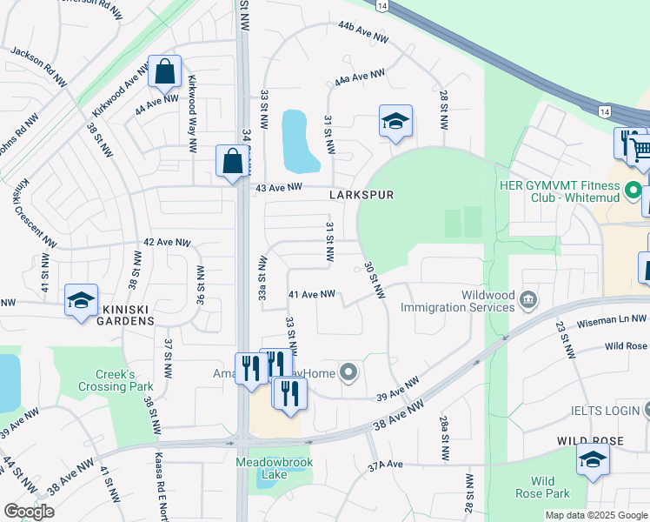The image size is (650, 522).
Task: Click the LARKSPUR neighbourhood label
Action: pyautogui.click(x=361, y=195)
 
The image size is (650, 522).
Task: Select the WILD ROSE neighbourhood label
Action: pyautogui.click(x=590, y=441)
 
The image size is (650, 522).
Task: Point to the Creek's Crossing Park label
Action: pyautogui.click(x=115, y=379)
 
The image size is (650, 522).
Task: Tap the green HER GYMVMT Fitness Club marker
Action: pyautogui.click(x=633, y=189)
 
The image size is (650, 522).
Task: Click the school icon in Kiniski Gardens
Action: pyautogui.click(x=81, y=302)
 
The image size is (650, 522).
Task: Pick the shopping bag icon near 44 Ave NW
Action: pyautogui.click(x=164, y=71)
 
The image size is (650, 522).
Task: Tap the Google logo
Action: pyautogui.click(x=30, y=512)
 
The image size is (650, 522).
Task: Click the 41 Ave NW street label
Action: pyautogui.click(x=311, y=295)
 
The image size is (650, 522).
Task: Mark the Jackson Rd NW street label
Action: pyautogui.click(x=37, y=65)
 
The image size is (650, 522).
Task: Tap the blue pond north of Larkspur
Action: pyautogui.click(x=300, y=140)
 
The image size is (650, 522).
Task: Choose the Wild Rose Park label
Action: pyautogui.click(x=550, y=487)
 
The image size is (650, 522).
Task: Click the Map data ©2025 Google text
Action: pyautogui.click(x=595, y=515)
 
